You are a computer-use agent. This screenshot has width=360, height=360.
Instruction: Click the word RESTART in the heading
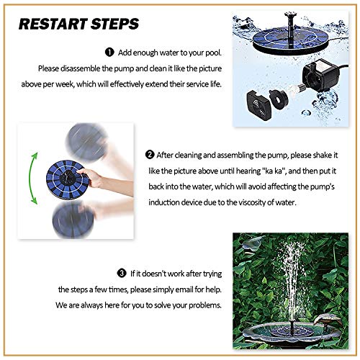point(53,24)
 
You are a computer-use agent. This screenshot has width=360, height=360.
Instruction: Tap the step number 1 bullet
point(109,52)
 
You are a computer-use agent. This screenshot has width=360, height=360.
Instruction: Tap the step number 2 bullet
point(150,155)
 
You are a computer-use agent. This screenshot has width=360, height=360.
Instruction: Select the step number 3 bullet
point(122,273)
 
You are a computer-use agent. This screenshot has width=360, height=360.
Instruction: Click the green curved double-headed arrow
point(31,178)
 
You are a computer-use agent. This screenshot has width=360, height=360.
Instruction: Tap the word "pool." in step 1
point(213,53)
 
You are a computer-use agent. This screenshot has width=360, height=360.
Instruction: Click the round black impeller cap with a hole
point(279,99)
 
